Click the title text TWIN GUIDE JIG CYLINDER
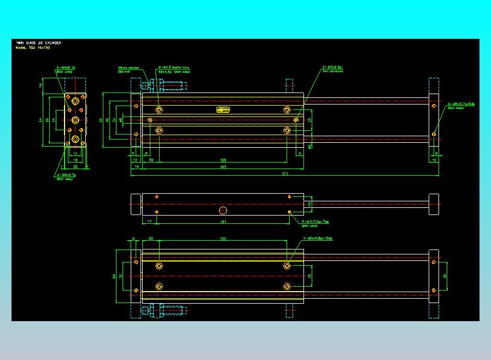tap(38, 43)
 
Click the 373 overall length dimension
tap(285, 173)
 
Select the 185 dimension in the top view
tap(223, 167)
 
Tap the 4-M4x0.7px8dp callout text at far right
tap(461, 103)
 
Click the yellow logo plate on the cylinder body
tap(223, 109)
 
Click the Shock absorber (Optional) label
tap(128, 69)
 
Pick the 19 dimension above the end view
tap(41, 85)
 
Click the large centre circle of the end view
tap(75, 119)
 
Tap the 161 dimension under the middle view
tap(223, 222)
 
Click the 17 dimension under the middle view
tap(149, 222)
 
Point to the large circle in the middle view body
tap(223, 211)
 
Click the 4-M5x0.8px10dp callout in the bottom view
tap(318, 239)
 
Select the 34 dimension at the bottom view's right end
tap(444, 276)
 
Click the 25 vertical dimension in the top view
tap(309, 119)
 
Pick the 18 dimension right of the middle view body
tap(309, 204)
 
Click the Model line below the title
tap(33, 48)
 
